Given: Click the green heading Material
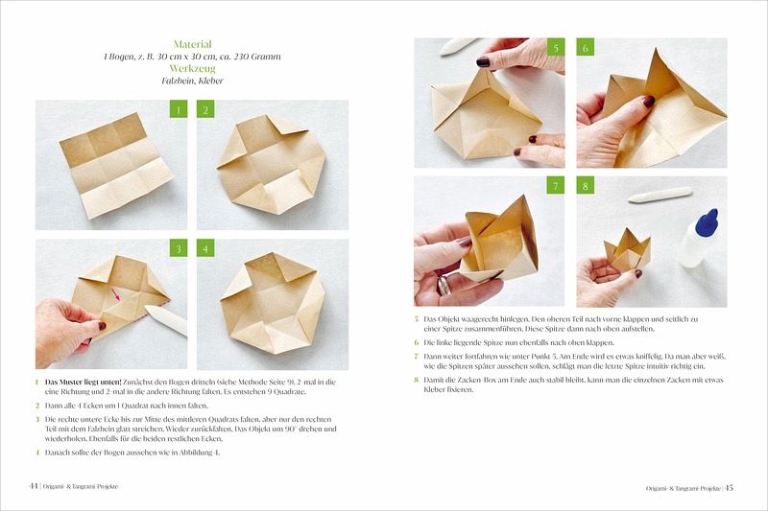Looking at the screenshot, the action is pos(193,44).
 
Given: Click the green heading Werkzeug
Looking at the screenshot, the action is pos(193,68).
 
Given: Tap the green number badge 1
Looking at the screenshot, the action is pos(179,109).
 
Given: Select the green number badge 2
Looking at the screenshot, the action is pos(205,109).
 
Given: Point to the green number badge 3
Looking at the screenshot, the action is pos(179,248).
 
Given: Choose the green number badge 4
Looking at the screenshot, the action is pos(205,248).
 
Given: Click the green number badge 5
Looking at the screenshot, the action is pos(556,47).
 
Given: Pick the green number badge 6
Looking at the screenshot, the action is pos(585,47).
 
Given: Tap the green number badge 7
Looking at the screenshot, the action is pos(556,185).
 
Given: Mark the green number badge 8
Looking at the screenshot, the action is pos(585,185).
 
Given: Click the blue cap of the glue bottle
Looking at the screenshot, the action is pos(708,221).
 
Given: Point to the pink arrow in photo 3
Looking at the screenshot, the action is pos(115,294).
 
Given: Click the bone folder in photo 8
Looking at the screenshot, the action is pos(660,196).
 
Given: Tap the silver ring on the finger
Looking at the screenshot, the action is pos(444,285).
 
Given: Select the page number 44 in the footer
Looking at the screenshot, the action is pos(34,486).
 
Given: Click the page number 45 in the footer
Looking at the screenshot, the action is pos(730,488).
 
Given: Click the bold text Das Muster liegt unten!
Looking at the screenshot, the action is pos(84,382).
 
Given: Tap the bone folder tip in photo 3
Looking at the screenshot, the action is pos(148,308).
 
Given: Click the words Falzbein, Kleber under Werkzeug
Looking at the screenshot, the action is pos(193,81).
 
